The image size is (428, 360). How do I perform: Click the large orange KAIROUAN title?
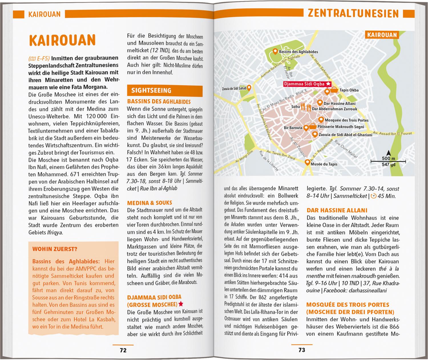(62, 41)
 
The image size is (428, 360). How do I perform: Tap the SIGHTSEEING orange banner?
(151, 91)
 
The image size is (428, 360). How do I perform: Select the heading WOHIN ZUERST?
(55, 249)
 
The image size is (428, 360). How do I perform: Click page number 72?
(123, 350)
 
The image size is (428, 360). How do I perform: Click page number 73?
(302, 350)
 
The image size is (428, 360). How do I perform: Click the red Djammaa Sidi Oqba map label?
(304, 84)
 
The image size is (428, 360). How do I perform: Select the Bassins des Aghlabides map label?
(298, 52)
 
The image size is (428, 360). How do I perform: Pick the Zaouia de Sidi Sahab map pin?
(249, 88)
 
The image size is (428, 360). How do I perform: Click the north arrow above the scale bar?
(389, 153)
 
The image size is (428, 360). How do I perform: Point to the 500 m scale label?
(388, 159)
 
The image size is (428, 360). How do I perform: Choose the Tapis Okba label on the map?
(349, 90)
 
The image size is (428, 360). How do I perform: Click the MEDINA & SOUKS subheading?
(150, 203)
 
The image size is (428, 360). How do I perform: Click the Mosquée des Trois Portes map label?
(346, 120)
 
